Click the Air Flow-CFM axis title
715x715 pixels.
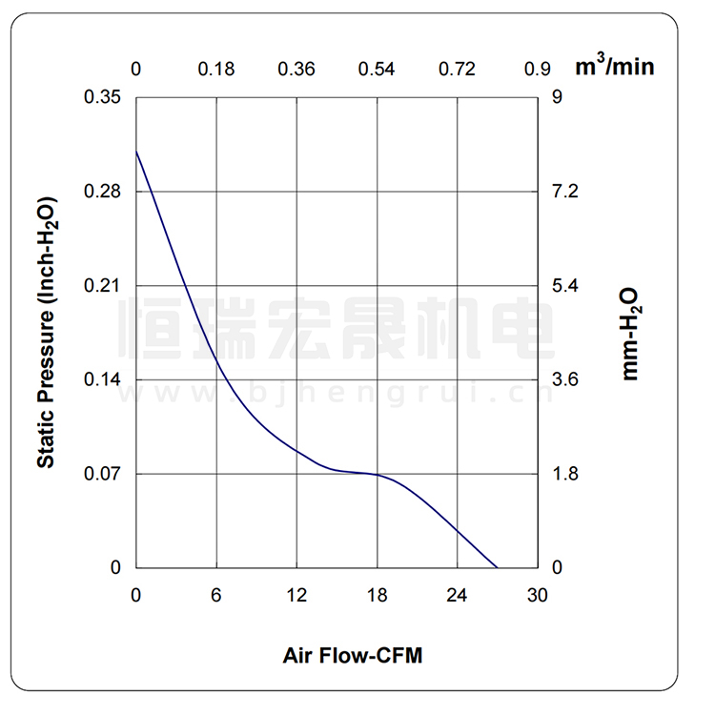pyautogui.click(x=353, y=656)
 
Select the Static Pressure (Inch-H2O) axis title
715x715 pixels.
pyautogui.click(x=45, y=333)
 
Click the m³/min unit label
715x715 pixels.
pyautogui.click(x=616, y=68)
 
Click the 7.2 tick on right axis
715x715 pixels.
pyautogui.click(x=565, y=192)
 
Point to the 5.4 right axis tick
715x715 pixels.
pyautogui.click(x=565, y=286)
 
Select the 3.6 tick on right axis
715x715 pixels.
pyautogui.click(x=565, y=379)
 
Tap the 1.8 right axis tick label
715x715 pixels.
pyautogui.click(x=565, y=474)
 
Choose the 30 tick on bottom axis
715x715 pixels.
pyautogui.click(x=538, y=596)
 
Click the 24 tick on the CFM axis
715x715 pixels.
pyautogui.click(x=458, y=596)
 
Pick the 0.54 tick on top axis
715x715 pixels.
pyautogui.click(x=377, y=69)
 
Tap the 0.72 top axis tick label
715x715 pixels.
pyautogui.click(x=458, y=69)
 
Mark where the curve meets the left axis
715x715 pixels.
pyautogui.click(x=136, y=151)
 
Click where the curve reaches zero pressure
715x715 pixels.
pyautogui.click(x=498, y=568)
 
